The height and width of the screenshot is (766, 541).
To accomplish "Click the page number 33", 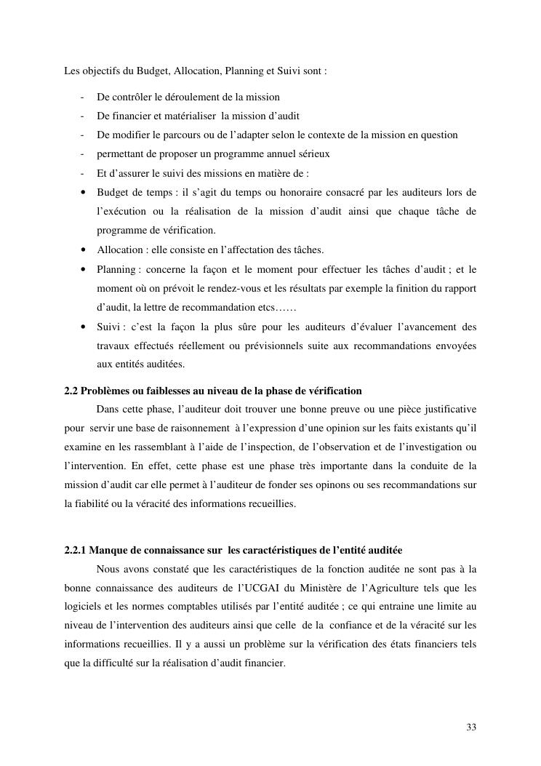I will click(471, 727).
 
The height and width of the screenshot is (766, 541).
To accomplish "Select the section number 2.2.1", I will click(76, 549).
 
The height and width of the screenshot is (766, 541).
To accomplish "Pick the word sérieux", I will click(313, 154).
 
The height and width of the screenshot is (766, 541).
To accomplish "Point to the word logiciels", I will click(84, 606).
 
